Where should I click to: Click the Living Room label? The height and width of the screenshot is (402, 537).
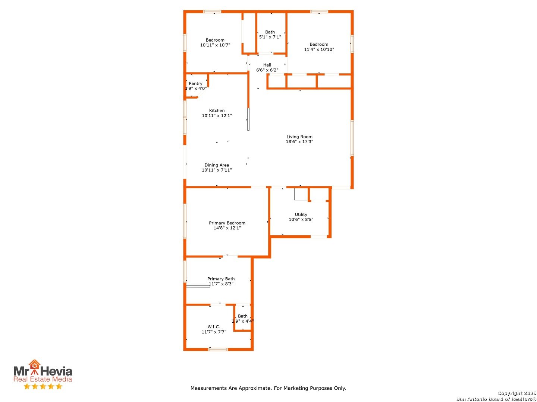pyautogui.click(x=299, y=137)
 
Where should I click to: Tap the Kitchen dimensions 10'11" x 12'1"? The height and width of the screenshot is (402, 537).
pyautogui.click(x=217, y=116)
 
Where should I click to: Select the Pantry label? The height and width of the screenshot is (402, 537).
pyautogui.click(x=195, y=83)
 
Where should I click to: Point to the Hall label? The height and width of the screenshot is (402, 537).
pyautogui.click(x=267, y=65)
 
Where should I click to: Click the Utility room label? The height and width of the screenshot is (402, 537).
pyautogui.click(x=301, y=214)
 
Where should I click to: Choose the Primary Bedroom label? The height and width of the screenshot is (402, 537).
pyautogui.click(x=227, y=223)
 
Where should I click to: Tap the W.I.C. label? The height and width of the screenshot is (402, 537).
pyautogui.click(x=214, y=327)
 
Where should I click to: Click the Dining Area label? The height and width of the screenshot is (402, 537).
pyautogui.click(x=217, y=165)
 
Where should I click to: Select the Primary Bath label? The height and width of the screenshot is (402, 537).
pyautogui.click(x=221, y=279)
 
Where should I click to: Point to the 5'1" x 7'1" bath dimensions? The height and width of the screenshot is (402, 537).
pyautogui.click(x=270, y=37)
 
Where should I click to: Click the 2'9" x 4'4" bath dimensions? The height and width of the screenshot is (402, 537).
pyautogui.click(x=243, y=321)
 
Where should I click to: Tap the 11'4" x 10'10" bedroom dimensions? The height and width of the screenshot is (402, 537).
pyautogui.click(x=319, y=50)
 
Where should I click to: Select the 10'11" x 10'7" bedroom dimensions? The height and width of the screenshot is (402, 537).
pyautogui.click(x=215, y=45)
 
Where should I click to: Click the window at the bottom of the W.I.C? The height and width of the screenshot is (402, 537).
pyautogui.click(x=218, y=349)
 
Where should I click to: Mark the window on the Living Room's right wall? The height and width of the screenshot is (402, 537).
pyautogui.click(x=352, y=138)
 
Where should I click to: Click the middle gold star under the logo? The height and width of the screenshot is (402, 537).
pyautogui.click(x=43, y=386)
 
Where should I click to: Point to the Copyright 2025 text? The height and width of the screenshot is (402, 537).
pyautogui.click(x=517, y=393)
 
